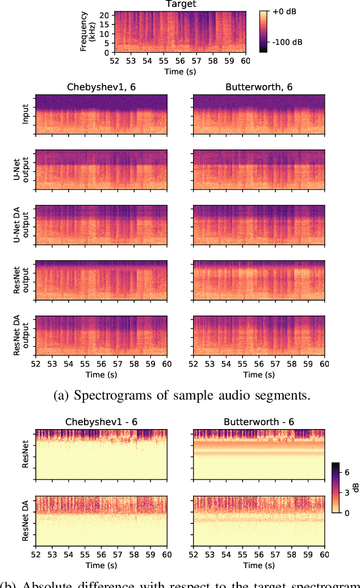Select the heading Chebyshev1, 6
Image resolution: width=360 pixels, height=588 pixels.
pos(101,87)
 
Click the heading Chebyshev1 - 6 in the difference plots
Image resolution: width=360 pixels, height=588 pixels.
pos(101,423)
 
